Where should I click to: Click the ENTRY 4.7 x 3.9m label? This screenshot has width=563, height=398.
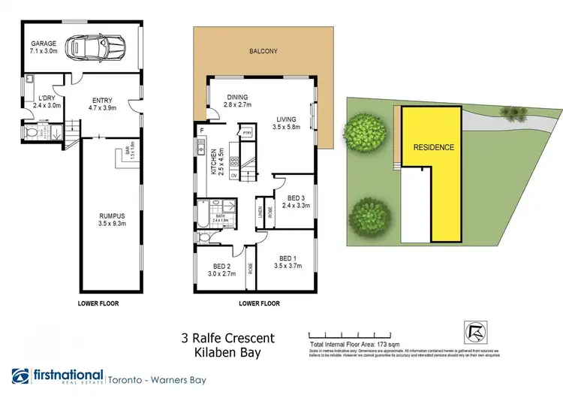(103, 104)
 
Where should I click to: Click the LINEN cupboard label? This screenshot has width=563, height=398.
(259, 213)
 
